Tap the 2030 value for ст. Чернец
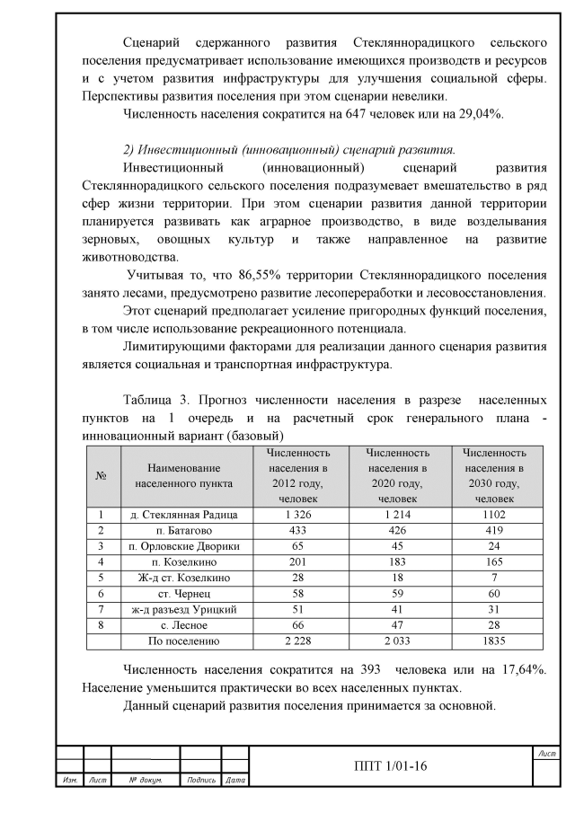coord(493,594)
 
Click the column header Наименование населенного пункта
coord(183,475)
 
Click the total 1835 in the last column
coord(493,641)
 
